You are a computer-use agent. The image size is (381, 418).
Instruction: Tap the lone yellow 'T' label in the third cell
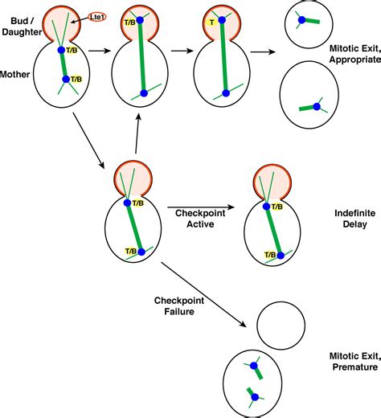211,23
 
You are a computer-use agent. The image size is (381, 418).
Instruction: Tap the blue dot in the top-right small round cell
302,20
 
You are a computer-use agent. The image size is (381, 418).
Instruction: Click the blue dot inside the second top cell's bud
139,18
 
